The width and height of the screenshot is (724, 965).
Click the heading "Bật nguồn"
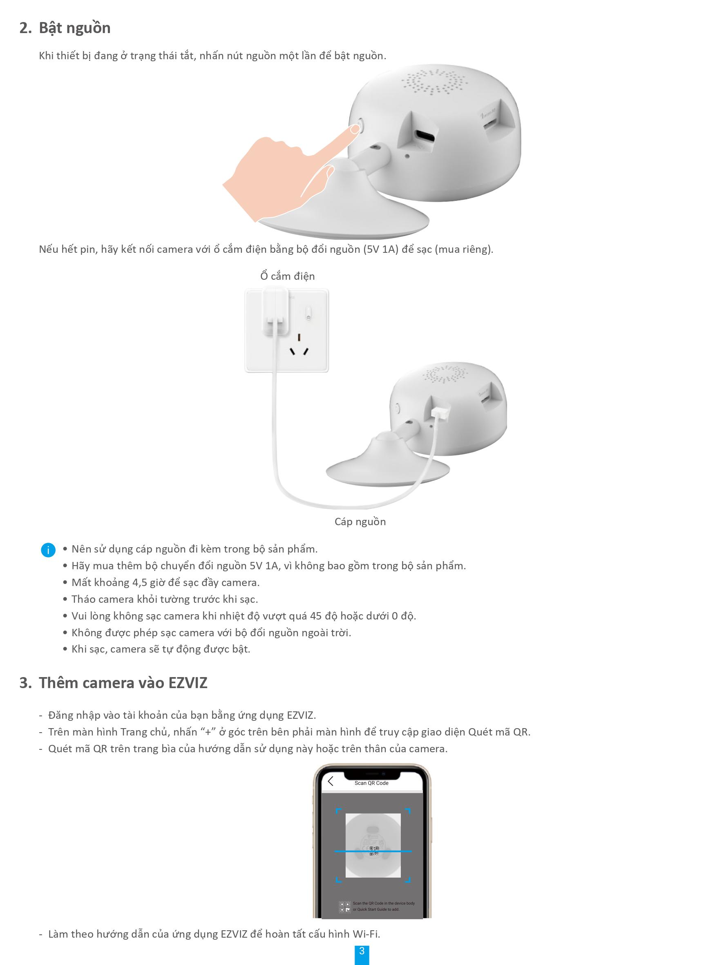tap(75, 28)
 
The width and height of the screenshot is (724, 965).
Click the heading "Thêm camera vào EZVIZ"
tap(123, 683)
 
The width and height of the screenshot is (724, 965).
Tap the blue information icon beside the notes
tap(48, 550)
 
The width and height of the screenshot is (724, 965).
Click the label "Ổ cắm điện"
tap(287, 276)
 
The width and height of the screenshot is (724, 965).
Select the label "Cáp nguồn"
tap(360, 522)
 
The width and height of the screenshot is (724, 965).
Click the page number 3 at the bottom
tap(361, 951)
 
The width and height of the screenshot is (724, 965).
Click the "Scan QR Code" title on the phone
tap(371, 783)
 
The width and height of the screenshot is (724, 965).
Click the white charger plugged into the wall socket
tap(275, 311)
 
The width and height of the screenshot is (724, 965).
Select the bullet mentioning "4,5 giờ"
tap(165, 583)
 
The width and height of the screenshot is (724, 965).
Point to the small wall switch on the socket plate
tap(308, 313)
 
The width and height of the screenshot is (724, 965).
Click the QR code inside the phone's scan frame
tap(373, 851)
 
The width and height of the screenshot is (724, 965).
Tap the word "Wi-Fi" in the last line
tap(366, 934)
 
